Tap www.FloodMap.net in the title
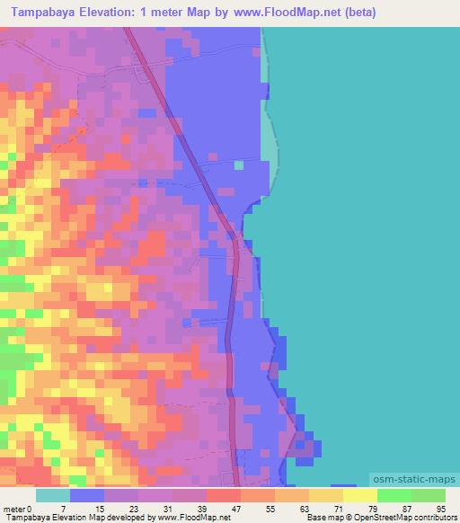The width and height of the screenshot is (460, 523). pyautogui.click(x=270, y=13)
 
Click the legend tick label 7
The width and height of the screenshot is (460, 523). pyautogui.click(x=64, y=509)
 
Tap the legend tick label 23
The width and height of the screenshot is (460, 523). pyautogui.click(x=132, y=509)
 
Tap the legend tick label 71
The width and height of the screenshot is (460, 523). pyautogui.click(x=337, y=509)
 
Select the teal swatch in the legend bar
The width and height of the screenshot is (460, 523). pyautogui.click(x=53, y=496)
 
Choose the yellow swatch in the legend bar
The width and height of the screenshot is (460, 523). pyautogui.click(x=326, y=496)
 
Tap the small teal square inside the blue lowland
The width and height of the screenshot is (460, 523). pyautogui.click(x=238, y=164)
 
